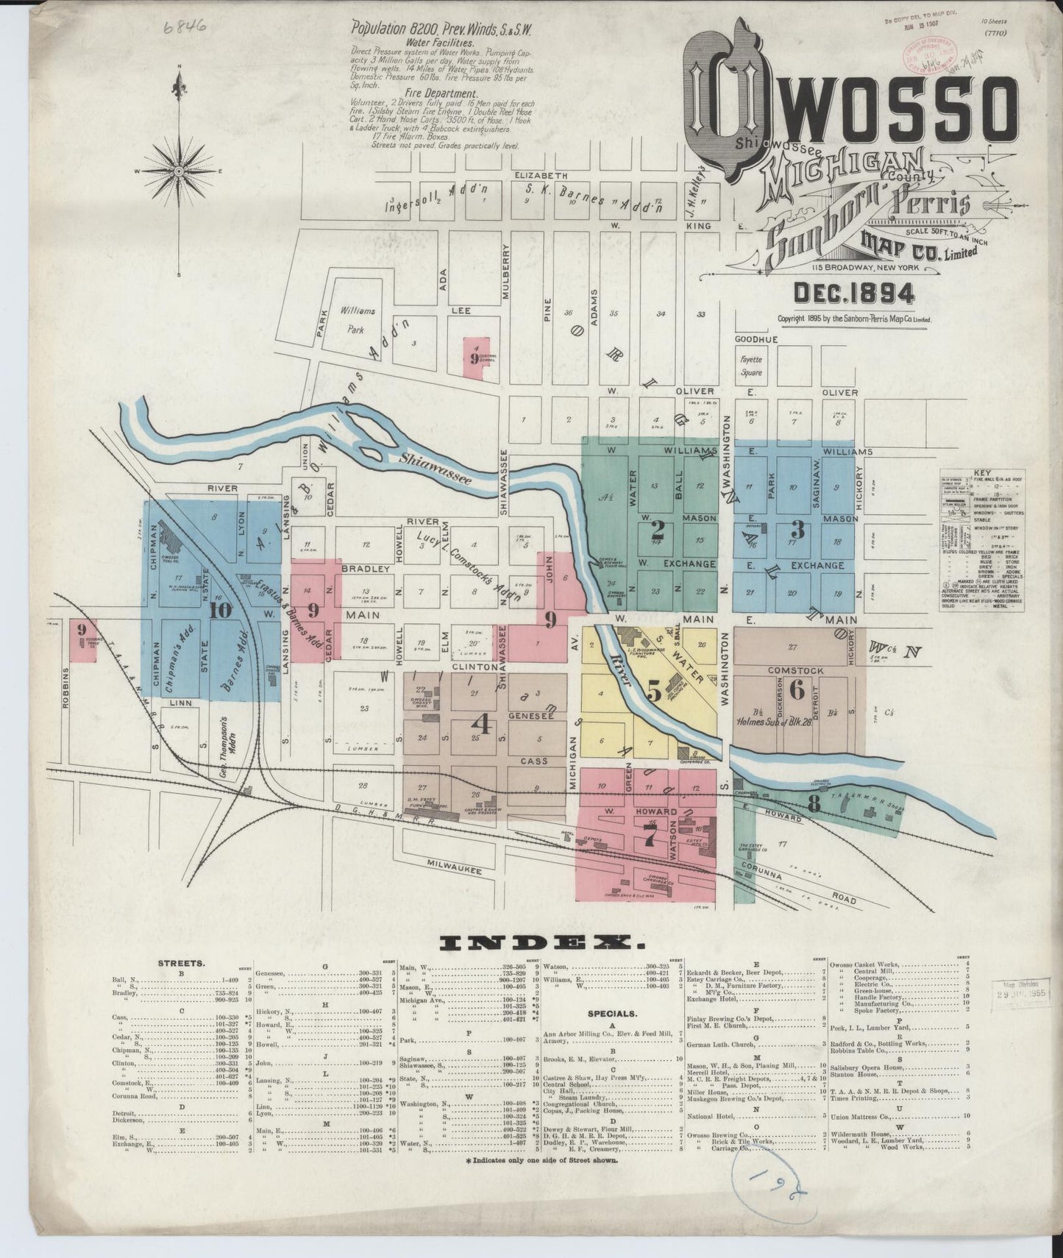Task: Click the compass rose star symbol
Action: (179, 171)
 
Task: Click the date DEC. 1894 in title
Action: (854, 294)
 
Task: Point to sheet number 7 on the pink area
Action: (649, 836)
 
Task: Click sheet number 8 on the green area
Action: (814, 804)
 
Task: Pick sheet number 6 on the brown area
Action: (796, 689)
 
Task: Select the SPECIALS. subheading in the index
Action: (612, 1013)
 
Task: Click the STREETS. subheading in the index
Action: (181, 962)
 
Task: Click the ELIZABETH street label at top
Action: (541, 176)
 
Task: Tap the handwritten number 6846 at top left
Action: (185, 28)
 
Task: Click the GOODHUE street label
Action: (756, 339)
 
